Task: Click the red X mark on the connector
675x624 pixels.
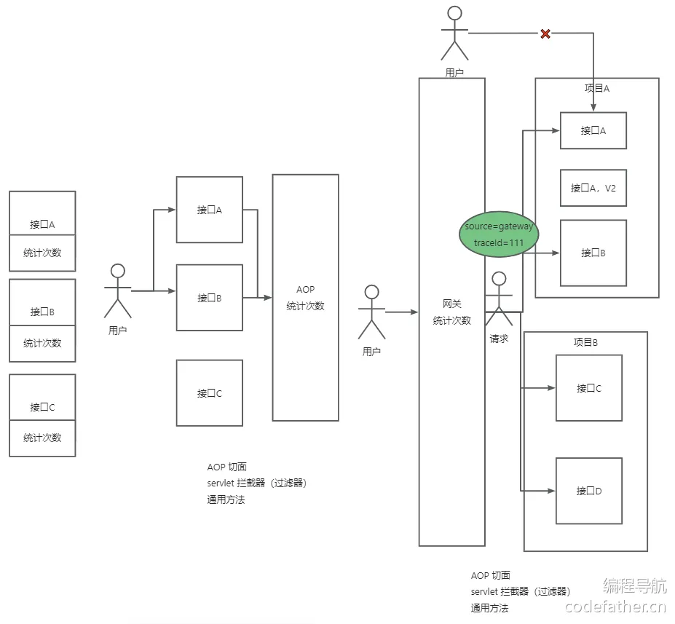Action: pyautogui.click(x=545, y=33)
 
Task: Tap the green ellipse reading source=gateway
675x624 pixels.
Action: pyautogui.click(x=499, y=234)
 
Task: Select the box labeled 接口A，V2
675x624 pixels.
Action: pyautogui.click(x=593, y=188)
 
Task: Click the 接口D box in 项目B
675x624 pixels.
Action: pyautogui.click(x=589, y=491)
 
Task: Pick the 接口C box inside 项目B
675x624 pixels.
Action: pyautogui.click(x=589, y=388)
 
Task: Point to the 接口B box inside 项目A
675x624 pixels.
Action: pyautogui.click(x=593, y=253)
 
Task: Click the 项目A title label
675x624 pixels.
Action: pyautogui.click(x=597, y=88)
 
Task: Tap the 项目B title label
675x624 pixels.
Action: pyautogui.click(x=585, y=342)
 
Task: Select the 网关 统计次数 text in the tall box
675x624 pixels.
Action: pyautogui.click(x=452, y=312)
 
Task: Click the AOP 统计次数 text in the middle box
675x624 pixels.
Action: pyautogui.click(x=305, y=298)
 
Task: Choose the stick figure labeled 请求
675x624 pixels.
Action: pyautogui.click(x=499, y=299)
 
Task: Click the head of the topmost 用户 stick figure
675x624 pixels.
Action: pyautogui.click(x=454, y=13)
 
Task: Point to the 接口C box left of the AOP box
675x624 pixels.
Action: pyautogui.click(x=210, y=393)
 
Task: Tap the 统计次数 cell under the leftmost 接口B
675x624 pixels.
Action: pyautogui.click(x=42, y=344)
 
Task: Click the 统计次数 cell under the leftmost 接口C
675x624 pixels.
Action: pyautogui.click(x=42, y=438)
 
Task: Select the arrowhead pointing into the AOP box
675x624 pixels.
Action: pyautogui.click(x=268, y=297)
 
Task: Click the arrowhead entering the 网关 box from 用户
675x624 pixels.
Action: pyautogui.click(x=414, y=312)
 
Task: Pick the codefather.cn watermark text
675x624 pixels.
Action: pyautogui.click(x=615, y=607)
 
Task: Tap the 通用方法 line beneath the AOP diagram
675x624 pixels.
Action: pyautogui.click(x=226, y=499)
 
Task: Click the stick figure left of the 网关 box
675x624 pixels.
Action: pyautogui.click(x=371, y=312)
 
